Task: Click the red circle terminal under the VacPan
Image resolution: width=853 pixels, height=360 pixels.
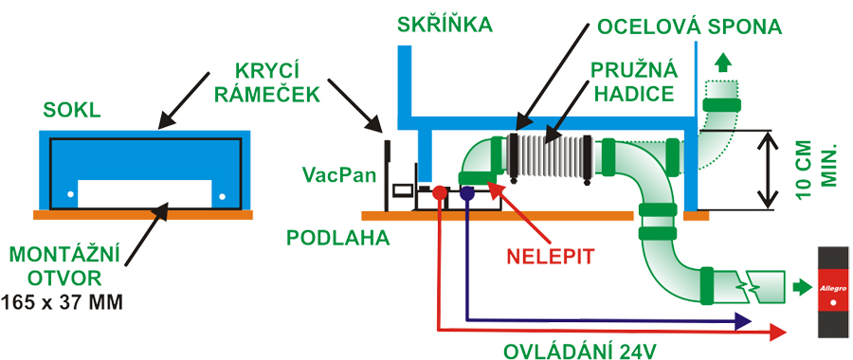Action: pos(439,193)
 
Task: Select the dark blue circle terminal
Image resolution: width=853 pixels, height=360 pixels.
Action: pos(467,193)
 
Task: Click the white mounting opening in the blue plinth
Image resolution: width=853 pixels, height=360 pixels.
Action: pos(143,191)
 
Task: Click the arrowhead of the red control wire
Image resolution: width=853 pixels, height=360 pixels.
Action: pos(779,331)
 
